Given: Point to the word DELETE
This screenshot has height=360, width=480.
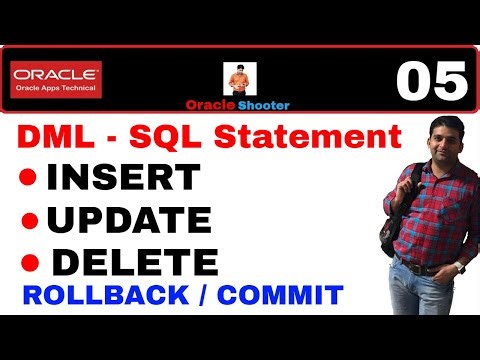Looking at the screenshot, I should (134, 262).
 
